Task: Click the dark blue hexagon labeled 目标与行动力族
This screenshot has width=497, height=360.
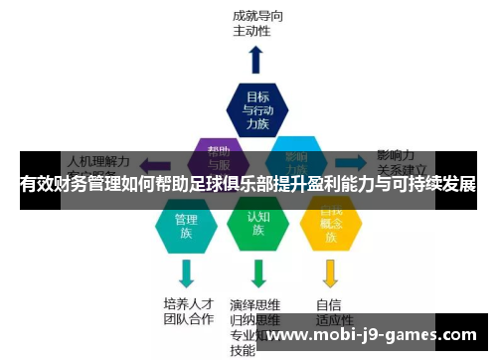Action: (x=257, y=110)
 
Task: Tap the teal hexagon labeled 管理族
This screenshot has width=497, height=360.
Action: (x=186, y=225)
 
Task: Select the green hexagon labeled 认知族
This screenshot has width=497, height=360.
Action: (x=257, y=225)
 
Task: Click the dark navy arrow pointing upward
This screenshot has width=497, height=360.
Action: (x=256, y=59)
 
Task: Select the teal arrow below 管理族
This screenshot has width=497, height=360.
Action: (x=186, y=272)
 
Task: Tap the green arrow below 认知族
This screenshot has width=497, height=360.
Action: (x=258, y=272)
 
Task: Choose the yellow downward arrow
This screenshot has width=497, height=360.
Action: (x=331, y=272)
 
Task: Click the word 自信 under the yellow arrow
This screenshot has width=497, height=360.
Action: (x=328, y=303)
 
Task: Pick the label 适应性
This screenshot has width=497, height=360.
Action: (x=334, y=319)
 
